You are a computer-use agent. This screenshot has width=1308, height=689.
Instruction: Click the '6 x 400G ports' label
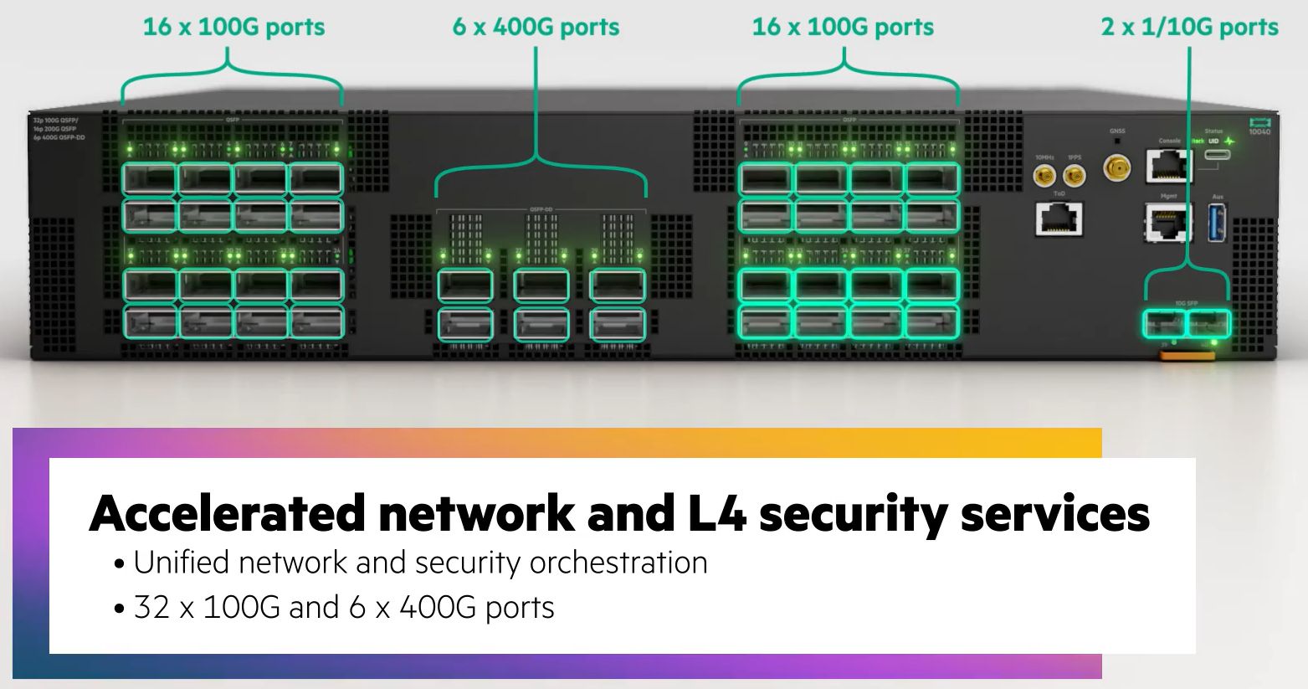536,27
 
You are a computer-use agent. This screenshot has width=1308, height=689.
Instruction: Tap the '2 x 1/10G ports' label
1189,27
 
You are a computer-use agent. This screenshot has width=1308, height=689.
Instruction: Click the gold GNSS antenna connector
1116,168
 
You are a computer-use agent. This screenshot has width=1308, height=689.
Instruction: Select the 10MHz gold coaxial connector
1044,176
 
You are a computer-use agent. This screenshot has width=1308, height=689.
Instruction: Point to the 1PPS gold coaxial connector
1074,176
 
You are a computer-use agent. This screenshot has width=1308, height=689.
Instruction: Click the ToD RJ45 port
1059,219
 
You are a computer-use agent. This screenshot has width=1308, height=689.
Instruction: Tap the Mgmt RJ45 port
1168,222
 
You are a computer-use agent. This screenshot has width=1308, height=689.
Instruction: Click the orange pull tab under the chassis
1186,356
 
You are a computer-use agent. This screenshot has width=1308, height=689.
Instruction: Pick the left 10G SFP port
1164,323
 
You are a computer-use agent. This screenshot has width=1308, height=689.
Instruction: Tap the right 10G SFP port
1208,323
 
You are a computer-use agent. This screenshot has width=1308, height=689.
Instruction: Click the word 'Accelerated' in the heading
227,513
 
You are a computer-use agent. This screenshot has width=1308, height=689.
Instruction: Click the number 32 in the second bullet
152,607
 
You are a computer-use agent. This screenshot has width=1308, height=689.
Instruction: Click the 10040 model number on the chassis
1259,131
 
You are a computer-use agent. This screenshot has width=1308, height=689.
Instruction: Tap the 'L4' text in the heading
710,513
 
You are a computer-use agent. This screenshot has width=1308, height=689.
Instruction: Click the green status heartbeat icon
1229,141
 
